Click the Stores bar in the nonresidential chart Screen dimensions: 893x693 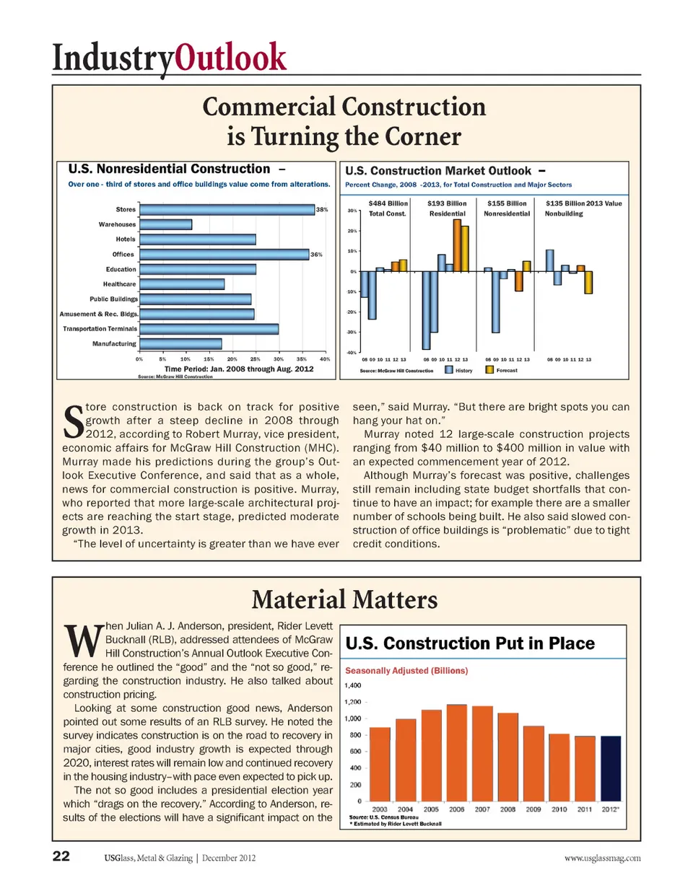227,209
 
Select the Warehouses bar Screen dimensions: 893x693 166,224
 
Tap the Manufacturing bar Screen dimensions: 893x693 180,344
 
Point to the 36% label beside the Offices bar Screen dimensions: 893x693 316,255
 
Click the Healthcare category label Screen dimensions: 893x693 119,284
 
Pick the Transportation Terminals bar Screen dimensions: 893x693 209,329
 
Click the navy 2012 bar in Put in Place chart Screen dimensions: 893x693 611,768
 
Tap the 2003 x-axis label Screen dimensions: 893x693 380,809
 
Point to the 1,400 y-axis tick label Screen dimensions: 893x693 353,685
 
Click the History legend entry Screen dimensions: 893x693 459,370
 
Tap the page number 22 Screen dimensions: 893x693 61,856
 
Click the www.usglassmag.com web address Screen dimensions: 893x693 602,858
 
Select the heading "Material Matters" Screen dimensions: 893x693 345,600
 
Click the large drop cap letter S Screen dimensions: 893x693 74,422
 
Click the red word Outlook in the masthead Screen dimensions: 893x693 231,57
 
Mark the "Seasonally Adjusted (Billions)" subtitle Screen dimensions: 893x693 406,671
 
